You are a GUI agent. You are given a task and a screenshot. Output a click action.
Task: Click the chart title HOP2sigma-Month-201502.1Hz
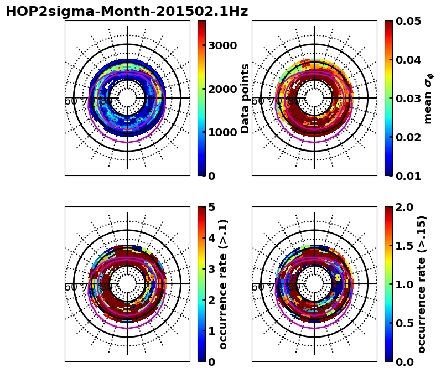127,12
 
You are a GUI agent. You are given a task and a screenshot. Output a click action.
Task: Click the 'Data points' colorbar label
246,98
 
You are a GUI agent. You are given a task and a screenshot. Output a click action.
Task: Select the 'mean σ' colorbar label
428,99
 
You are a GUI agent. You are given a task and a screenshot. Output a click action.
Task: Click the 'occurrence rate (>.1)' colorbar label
224,284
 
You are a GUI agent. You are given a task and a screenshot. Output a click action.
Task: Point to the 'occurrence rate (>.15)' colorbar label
422,284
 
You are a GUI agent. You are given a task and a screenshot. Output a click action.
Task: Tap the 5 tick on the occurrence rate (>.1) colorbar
211,207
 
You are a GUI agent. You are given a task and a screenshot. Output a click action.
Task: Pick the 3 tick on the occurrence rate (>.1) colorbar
211,269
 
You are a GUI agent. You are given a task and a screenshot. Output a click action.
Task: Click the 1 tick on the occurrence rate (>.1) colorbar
211,331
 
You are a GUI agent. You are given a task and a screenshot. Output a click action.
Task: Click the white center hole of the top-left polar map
127,98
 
